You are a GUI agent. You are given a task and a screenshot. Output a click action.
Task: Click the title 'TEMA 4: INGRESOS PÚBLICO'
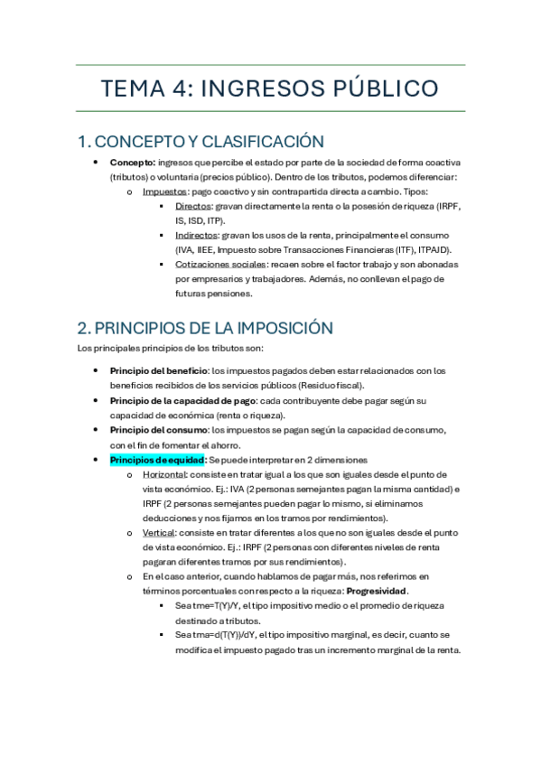click(270, 89)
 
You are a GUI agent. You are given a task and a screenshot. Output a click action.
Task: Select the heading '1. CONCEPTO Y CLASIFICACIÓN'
click(201, 142)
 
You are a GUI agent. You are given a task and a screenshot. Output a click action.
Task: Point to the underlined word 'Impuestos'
click(164, 191)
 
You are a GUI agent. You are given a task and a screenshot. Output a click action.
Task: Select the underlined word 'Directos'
click(193, 206)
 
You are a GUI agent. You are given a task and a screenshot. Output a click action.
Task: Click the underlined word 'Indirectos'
click(197, 235)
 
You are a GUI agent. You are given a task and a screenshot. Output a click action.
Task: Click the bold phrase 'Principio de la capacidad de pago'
click(183, 400)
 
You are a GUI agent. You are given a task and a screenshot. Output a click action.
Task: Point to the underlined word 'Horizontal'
click(163, 474)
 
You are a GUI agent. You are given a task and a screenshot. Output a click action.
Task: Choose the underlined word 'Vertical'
click(158, 533)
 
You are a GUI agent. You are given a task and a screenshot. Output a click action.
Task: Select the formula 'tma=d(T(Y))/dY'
click(223, 635)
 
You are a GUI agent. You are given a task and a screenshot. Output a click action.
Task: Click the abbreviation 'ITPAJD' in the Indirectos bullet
click(434, 249)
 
